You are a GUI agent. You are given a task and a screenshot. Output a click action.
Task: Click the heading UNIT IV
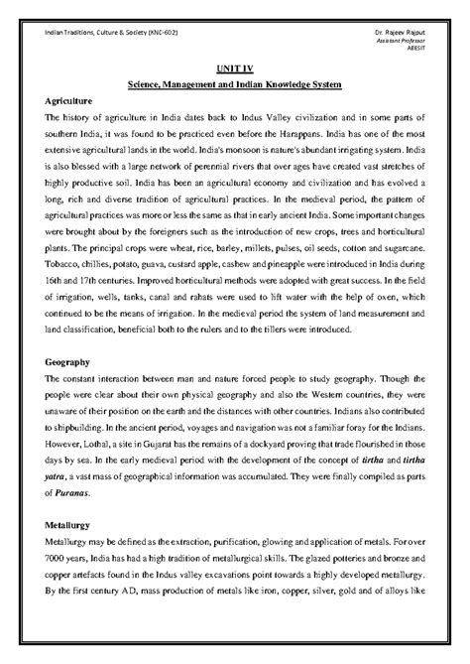click(234, 69)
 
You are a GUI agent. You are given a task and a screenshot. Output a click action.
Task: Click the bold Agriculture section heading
click(69, 101)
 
